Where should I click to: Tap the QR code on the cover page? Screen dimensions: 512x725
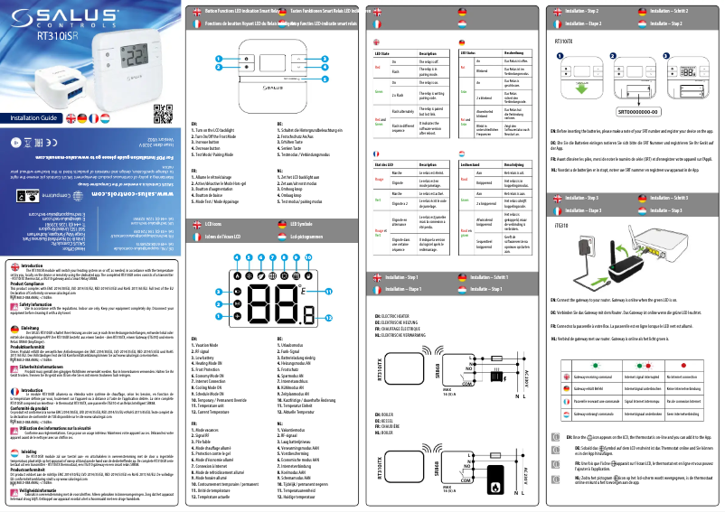point(162,115)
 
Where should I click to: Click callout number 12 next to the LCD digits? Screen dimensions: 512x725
point(328,345)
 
